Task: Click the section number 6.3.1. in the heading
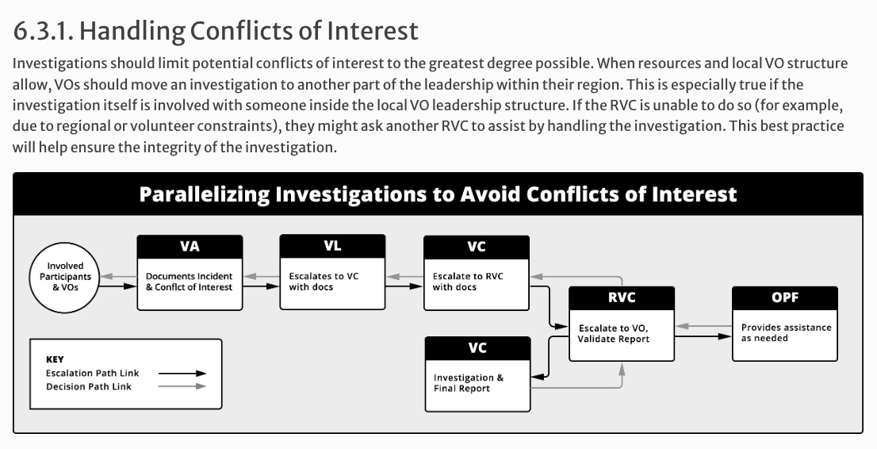pyautogui.click(x=43, y=31)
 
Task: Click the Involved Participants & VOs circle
pyautogui.click(x=65, y=277)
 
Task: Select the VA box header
pyautogui.click(x=190, y=247)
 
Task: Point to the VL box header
pyautogui.click(x=332, y=247)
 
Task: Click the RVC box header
pyautogui.click(x=622, y=297)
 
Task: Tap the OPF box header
pyautogui.click(x=785, y=297)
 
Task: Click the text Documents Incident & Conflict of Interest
pyautogui.click(x=189, y=282)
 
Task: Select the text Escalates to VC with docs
pyautogui.click(x=324, y=282)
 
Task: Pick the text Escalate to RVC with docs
pyautogui.click(x=468, y=282)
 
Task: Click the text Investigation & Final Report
pyautogui.click(x=468, y=383)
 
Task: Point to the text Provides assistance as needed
pyautogui.click(x=786, y=332)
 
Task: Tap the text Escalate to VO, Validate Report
pyautogui.click(x=614, y=334)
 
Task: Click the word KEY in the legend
pyautogui.click(x=55, y=359)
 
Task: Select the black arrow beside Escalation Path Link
pyautogui.click(x=182, y=373)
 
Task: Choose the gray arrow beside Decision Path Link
pyautogui.click(x=182, y=386)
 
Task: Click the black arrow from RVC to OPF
pyautogui.click(x=703, y=336)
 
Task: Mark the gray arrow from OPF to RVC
pyautogui.click(x=703, y=326)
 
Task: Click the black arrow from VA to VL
pyautogui.click(x=261, y=286)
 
